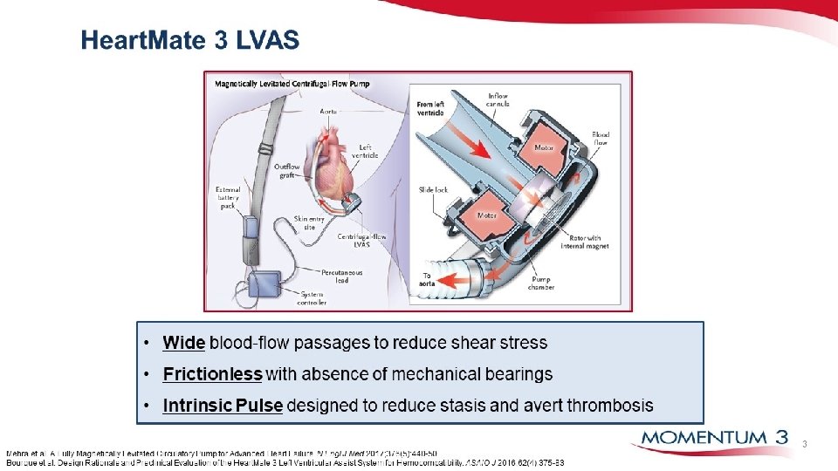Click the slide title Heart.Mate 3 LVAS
189,40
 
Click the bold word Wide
183,343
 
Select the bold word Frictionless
212,374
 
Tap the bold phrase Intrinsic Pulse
223,406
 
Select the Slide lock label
433,189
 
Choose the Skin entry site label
305,222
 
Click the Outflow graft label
287,170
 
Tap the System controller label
312,298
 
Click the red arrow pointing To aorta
457,280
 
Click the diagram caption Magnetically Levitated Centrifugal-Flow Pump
292,84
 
